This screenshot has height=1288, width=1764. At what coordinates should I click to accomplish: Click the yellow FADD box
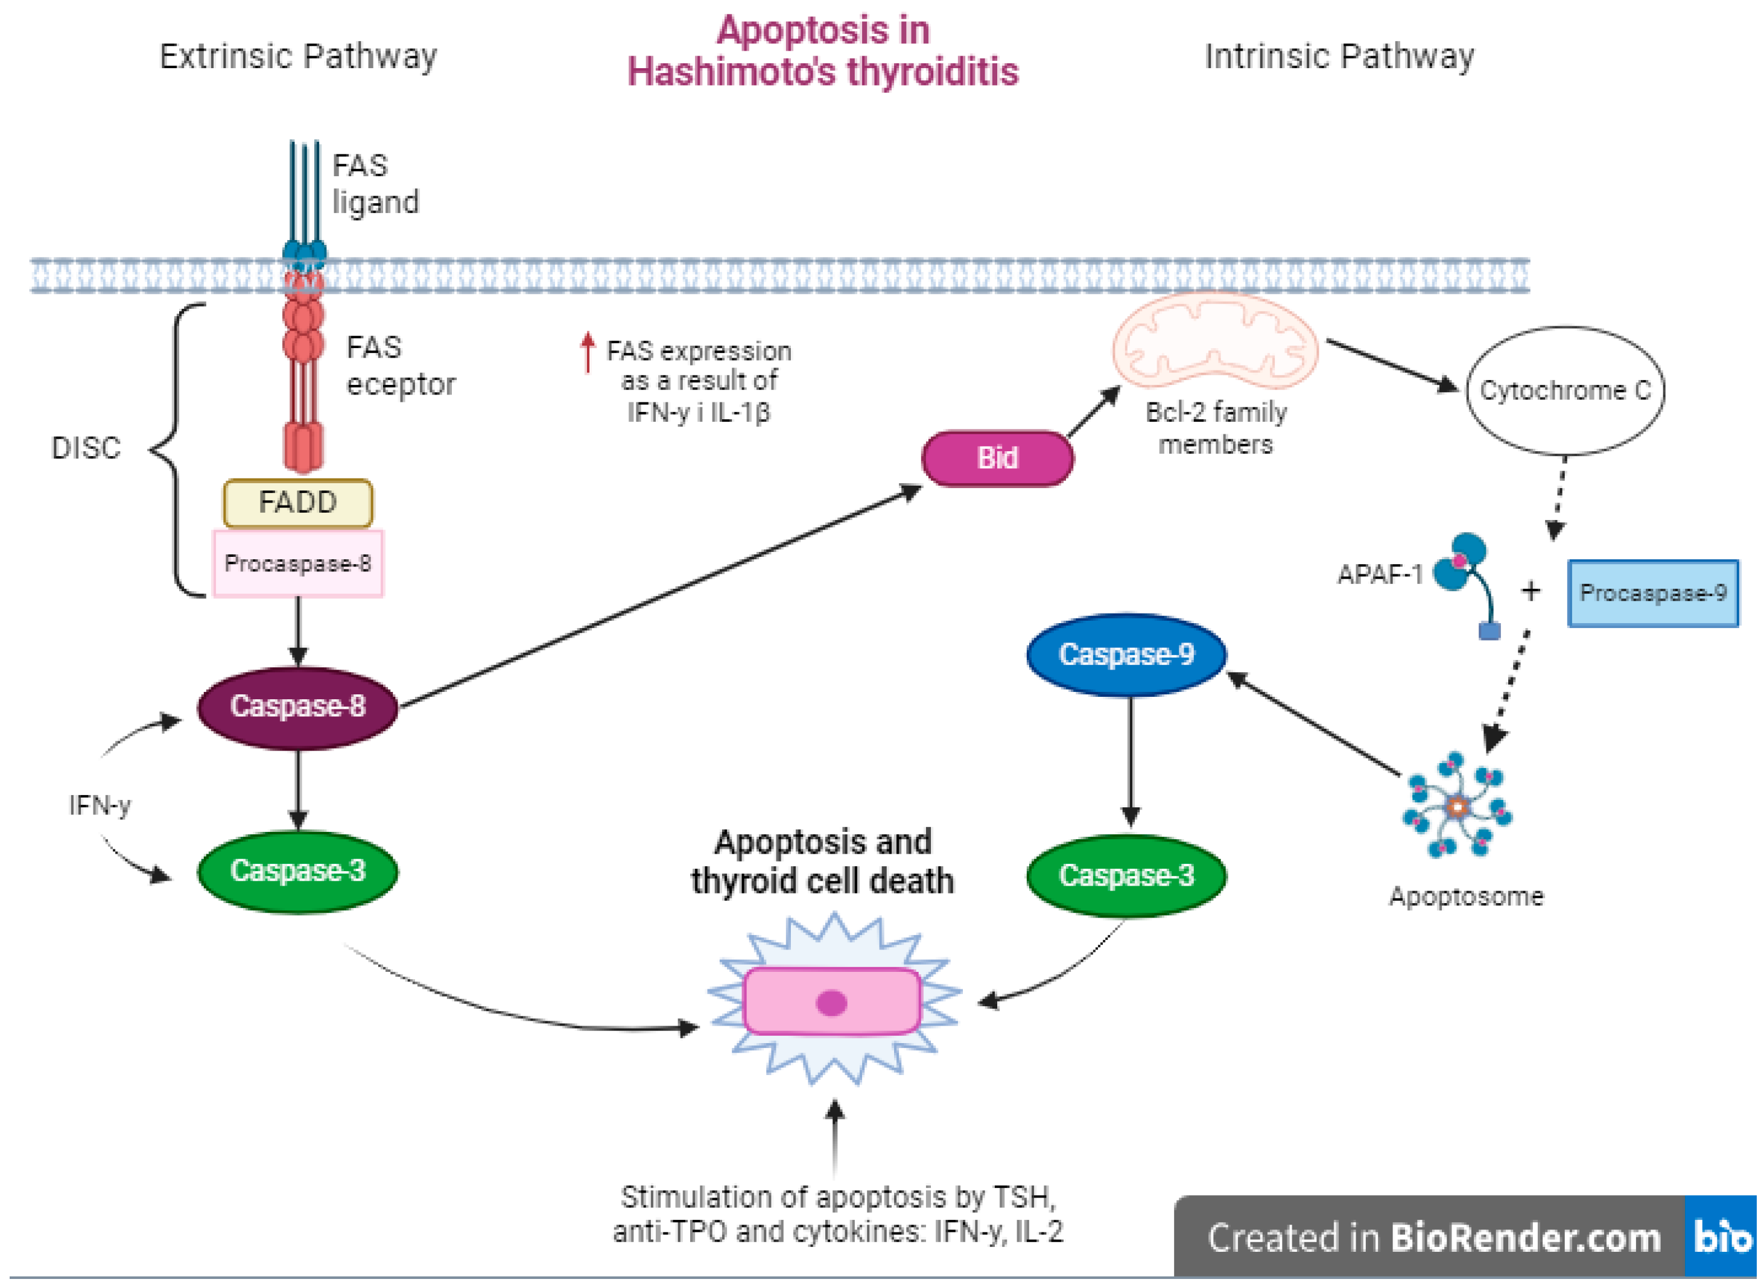(298, 503)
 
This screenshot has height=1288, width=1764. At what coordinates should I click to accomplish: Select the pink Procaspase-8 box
(299, 563)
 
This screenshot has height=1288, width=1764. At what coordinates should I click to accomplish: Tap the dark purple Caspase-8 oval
(298, 707)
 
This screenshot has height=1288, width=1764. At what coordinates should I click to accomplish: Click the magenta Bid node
(998, 458)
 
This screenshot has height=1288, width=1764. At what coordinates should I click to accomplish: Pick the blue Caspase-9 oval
(1126, 655)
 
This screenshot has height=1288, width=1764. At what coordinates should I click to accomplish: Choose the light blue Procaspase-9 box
(1654, 593)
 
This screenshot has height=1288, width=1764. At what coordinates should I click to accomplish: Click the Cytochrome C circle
(1566, 390)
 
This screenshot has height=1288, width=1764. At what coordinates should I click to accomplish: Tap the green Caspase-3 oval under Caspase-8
(298, 872)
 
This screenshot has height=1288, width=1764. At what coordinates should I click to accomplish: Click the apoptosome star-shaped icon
(1457, 806)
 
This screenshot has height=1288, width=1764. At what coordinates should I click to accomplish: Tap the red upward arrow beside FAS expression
(588, 352)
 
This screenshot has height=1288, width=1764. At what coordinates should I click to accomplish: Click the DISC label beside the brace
(86, 448)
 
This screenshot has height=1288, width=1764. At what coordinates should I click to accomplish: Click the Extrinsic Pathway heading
(299, 57)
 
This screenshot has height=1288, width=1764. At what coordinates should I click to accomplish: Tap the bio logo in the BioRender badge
(1721, 1237)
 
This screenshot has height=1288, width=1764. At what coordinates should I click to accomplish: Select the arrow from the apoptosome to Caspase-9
(1314, 723)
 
